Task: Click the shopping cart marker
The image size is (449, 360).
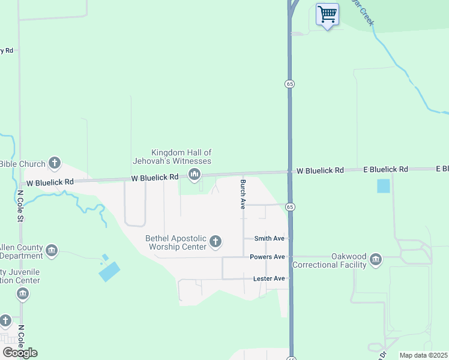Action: click(x=327, y=14)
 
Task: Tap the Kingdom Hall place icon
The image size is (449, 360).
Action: click(x=194, y=175)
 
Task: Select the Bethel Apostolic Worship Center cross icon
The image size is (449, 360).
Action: click(x=215, y=242)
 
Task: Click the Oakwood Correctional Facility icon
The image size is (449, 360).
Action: click(x=376, y=259)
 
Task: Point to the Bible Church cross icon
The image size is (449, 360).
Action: click(x=55, y=163)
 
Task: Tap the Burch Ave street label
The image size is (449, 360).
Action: click(x=243, y=194)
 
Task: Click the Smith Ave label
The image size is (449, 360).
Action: click(x=269, y=238)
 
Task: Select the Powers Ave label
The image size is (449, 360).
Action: click(x=267, y=257)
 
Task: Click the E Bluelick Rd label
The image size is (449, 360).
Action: click(x=385, y=170)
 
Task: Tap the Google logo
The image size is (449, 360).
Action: click(x=20, y=352)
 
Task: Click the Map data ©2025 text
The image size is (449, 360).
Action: click(x=423, y=355)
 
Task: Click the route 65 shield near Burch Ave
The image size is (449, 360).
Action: click(x=290, y=207)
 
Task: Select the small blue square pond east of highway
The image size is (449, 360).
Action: click(x=383, y=186)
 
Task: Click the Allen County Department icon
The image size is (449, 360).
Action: click(x=52, y=250)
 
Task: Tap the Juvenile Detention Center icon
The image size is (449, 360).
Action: click(x=23, y=294)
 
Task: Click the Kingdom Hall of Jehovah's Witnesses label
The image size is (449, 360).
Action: click(x=181, y=157)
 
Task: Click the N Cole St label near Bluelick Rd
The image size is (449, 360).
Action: click(x=20, y=205)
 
